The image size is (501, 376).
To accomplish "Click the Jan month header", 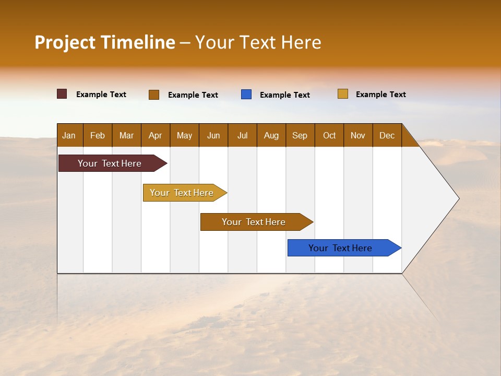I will (69, 135).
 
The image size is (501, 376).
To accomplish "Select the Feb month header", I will (98, 135).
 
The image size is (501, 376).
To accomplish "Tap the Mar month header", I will (126, 135).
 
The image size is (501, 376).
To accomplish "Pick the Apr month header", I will (156, 135).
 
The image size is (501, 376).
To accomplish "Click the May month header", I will (184, 135).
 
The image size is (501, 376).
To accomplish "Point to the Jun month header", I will (213, 135).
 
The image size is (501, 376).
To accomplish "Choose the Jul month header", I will (242, 135).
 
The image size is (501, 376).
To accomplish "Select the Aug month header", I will (271, 135).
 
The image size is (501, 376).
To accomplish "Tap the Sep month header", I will (300, 135).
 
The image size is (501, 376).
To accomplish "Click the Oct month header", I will (329, 135).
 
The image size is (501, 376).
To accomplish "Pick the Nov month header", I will (358, 135).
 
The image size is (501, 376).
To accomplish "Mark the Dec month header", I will (387, 135).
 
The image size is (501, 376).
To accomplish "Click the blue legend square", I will (246, 95).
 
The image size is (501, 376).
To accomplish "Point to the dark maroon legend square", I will (62, 94).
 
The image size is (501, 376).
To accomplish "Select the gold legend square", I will (343, 94).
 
